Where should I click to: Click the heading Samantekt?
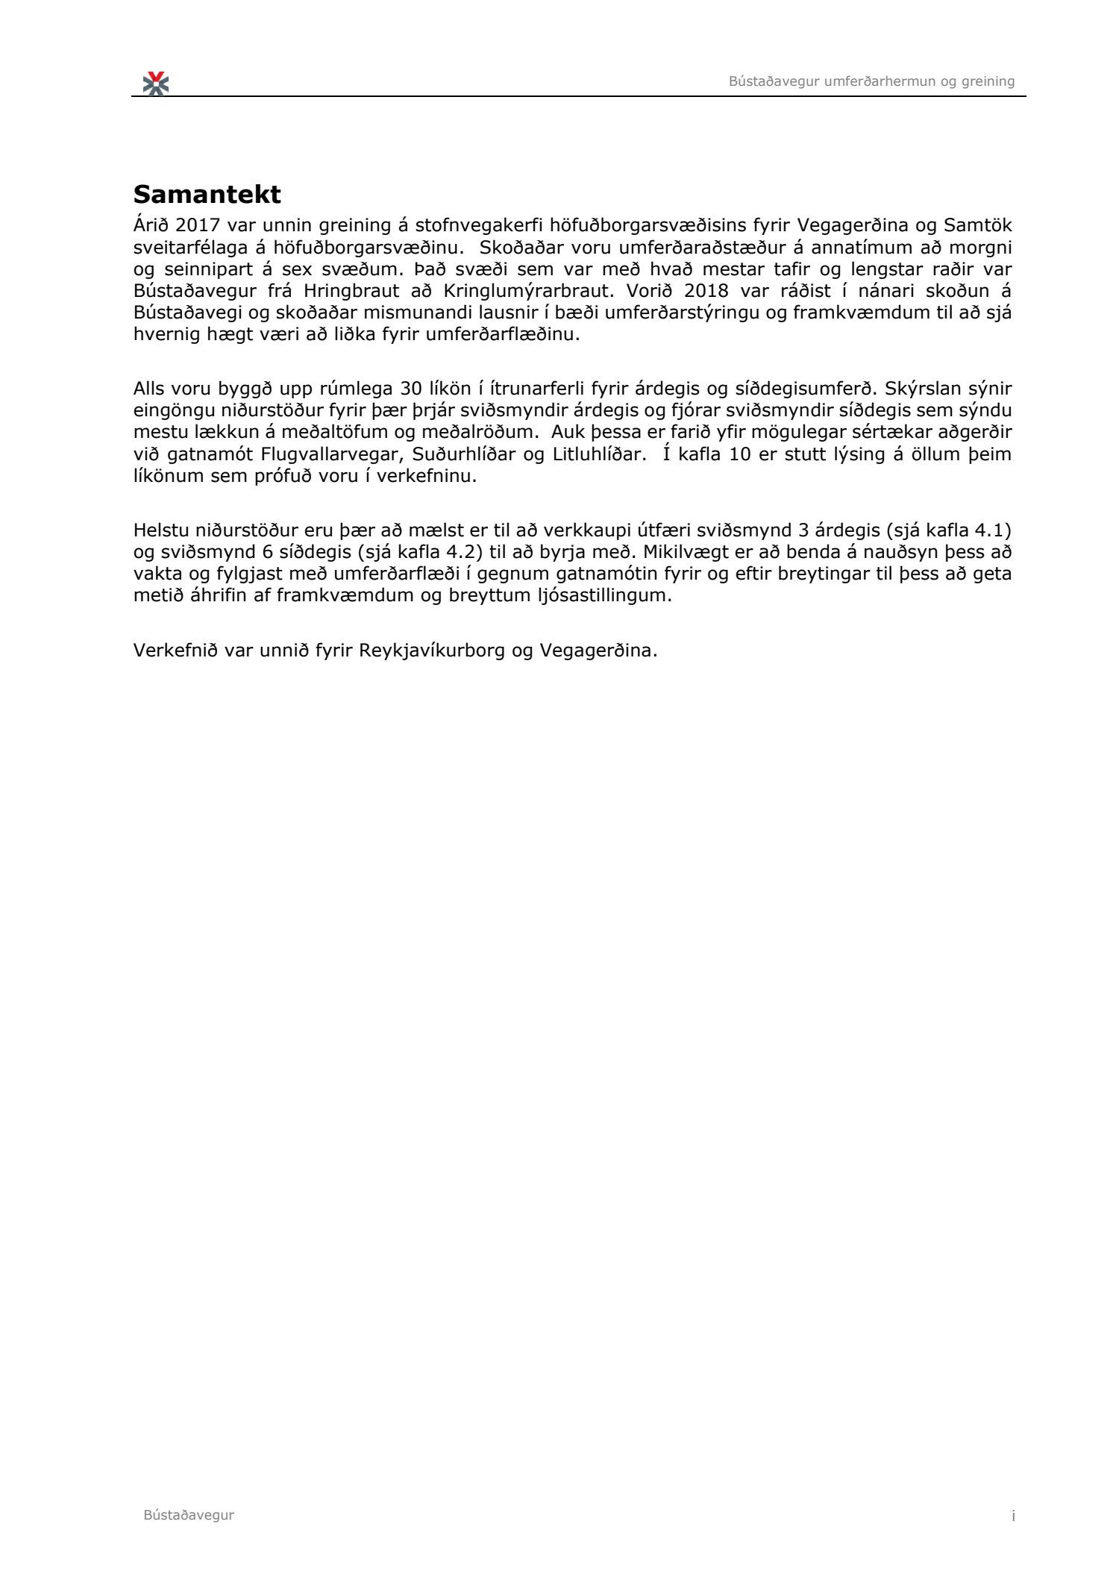207,195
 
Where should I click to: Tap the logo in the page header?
156,83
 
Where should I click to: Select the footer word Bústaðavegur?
189,1514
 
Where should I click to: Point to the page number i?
1013,1515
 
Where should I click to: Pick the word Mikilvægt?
689,553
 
